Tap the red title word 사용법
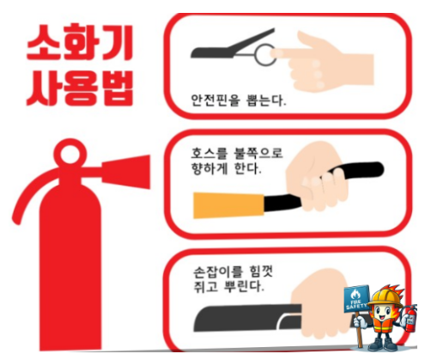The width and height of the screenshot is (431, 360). pos(82,86)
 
